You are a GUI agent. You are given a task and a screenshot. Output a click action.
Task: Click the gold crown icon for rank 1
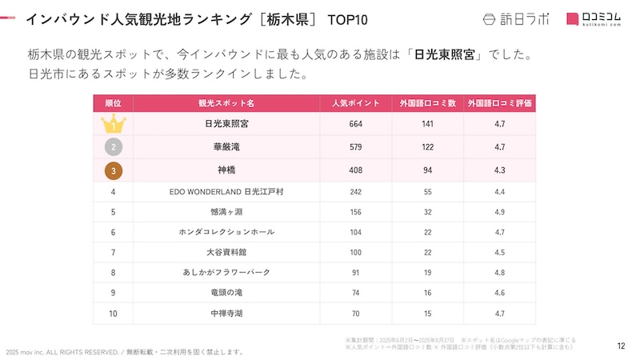(x=114, y=124)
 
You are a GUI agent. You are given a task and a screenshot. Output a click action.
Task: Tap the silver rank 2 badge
(x=114, y=147)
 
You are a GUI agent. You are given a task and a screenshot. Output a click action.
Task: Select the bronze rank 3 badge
(x=114, y=170)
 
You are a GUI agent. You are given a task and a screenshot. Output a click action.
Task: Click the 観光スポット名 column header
(x=226, y=103)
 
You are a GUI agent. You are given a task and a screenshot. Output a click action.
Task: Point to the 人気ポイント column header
(x=356, y=103)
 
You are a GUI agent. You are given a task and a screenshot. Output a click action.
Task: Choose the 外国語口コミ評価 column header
(x=500, y=103)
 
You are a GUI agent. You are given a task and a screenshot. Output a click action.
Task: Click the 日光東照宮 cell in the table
(x=226, y=124)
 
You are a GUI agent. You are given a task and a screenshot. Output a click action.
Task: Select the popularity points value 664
(x=356, y=124)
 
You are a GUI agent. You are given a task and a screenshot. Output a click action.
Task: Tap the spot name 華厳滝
(x=226, y=147)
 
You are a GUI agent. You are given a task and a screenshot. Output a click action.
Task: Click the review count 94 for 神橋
(x=428, y=170)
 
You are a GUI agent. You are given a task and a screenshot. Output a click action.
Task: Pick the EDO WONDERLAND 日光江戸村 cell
(x=226, y=192)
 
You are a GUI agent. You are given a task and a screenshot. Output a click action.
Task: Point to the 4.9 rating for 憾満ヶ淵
(x=500, y=212)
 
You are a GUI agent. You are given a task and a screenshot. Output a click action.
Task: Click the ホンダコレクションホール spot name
(x=226, y=232)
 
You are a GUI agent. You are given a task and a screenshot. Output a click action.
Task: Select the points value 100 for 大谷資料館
(x=356, y=253)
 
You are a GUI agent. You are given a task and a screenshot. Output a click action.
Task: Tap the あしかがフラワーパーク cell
(x=226, y=273)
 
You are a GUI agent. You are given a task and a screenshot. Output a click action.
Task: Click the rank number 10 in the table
(x=114, y=313)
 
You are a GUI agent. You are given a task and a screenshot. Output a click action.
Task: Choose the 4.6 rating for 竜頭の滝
(x=500, y=293)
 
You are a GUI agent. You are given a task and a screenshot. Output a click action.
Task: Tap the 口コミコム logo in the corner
(x=594, y=19)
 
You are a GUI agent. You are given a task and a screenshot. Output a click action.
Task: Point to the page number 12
(x=621, y=346)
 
